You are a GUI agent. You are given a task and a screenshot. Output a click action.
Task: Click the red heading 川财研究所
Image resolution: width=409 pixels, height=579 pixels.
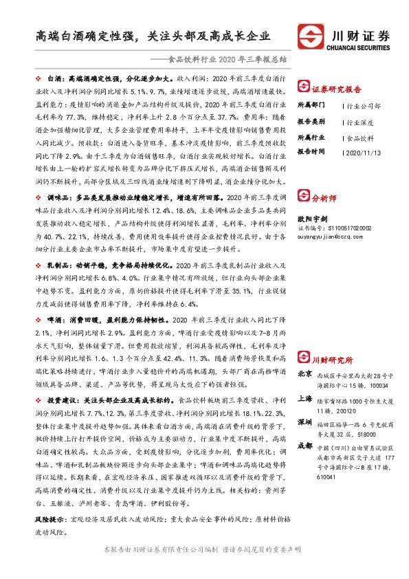pyautogui.click(x=331, y=360)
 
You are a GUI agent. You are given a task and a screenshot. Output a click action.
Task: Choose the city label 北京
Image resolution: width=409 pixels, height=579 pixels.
pyautogui.click(x=305, y=375)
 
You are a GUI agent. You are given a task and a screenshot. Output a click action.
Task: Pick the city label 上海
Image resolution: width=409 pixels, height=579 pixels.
pyautogui.click(x=305, y=399)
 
